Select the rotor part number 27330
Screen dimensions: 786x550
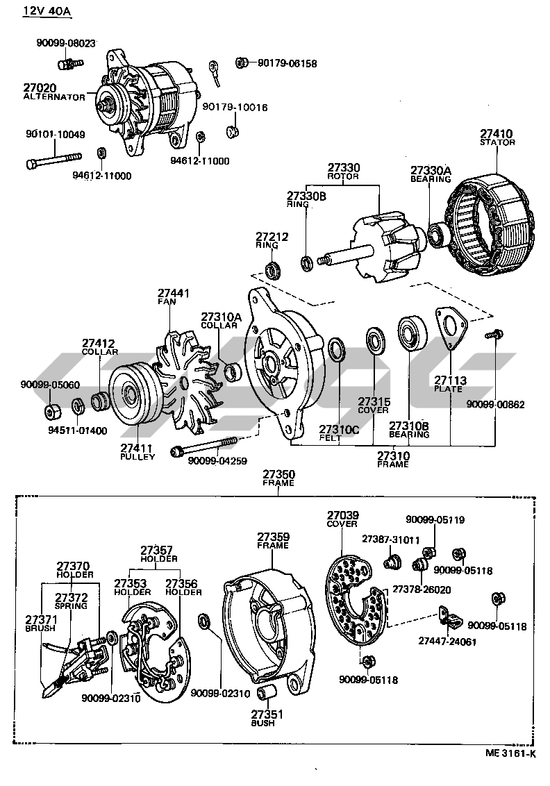point(344,168)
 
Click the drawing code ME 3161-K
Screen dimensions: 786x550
point(510,754)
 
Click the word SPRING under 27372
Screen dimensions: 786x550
point(71,606)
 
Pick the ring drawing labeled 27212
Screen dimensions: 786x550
point(274,267)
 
